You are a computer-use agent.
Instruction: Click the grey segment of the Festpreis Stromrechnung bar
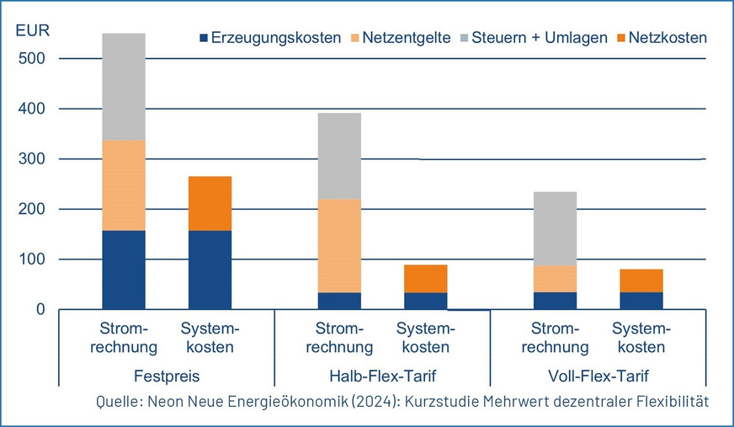124,87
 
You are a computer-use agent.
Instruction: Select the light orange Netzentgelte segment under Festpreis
124,185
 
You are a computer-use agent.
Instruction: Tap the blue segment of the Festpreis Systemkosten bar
210,270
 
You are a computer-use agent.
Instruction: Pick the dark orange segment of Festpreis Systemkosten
210,203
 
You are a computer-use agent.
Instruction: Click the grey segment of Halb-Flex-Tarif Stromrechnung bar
339,156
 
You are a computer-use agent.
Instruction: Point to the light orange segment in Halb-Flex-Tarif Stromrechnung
339,245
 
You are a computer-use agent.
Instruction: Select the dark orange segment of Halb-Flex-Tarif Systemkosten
425,278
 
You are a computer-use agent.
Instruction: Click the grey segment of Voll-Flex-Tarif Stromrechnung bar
555,228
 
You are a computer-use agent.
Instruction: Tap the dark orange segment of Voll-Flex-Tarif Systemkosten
641,280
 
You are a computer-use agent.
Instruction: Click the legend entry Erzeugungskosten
269,38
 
